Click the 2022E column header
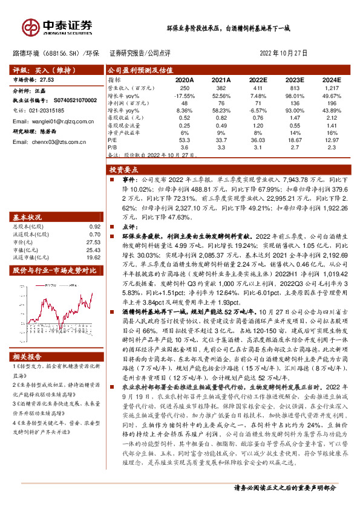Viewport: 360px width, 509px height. pos(258,79)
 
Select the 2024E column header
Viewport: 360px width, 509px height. pos(332,79)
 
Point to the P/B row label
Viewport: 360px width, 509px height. pos(113,146)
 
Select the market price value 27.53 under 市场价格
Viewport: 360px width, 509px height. pos(48,79)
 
